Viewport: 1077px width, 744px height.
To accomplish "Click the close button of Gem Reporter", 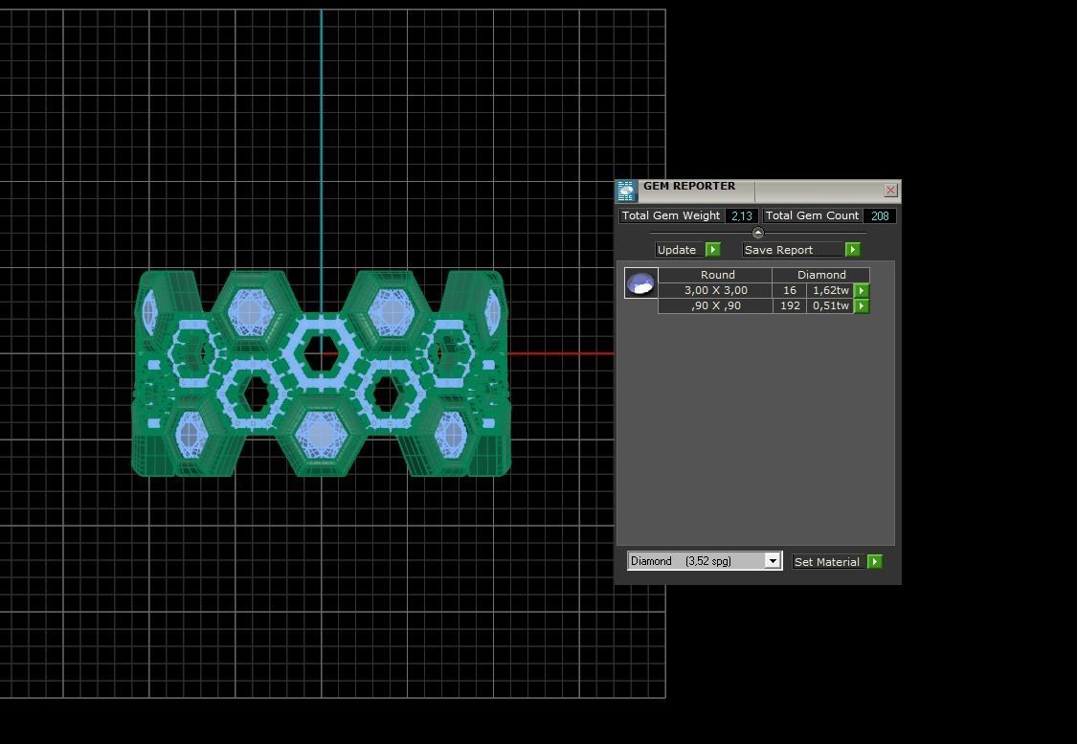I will tap(890, 191).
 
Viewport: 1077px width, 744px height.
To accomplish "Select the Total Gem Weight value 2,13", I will tap(742, 216).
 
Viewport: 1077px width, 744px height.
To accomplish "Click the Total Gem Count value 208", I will tap(879, 216).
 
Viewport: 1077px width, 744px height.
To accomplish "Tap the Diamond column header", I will tap(820, 275).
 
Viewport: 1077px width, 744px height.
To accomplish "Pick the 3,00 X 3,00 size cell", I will tap(715, 290).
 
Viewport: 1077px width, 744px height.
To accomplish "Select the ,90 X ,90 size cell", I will tap(715, 305).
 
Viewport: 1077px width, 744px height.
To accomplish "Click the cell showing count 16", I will tap(789, 290).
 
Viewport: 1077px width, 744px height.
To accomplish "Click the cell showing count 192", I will tap(789, 305).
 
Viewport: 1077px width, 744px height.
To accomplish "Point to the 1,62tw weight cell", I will tap(830, 290).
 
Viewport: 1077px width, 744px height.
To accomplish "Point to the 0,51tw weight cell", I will tap(830, 305).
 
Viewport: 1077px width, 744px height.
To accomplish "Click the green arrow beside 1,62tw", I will tap(862, 290).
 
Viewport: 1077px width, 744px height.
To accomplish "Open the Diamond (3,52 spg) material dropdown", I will tap(772, 561).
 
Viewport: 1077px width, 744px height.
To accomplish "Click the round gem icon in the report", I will tap(640, 283).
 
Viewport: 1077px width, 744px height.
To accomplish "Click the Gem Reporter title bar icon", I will tap(626, 191).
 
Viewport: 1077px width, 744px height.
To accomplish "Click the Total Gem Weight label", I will tap(670, 216).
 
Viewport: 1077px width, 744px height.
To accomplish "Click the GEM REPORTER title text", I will tap(689, 187).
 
